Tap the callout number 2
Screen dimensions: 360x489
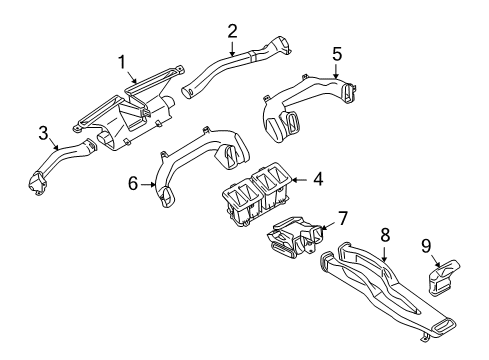(232, 30)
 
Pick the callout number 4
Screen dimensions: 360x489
(317, 180)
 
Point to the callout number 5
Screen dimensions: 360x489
(337, 53)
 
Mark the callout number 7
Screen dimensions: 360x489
(342, 218)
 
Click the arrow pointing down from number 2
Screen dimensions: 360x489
(232, 47)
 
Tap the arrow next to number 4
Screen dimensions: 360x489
(296, 181)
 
